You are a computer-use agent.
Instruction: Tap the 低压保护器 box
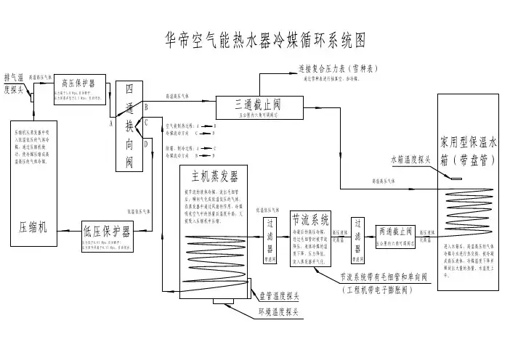pos(106,231)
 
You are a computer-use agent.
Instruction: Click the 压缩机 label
pos(33,226)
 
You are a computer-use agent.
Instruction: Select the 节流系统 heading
pos(310,218)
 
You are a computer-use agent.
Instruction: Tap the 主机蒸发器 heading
pos(215,176)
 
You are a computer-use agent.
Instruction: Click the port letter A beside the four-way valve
pos(111,123)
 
